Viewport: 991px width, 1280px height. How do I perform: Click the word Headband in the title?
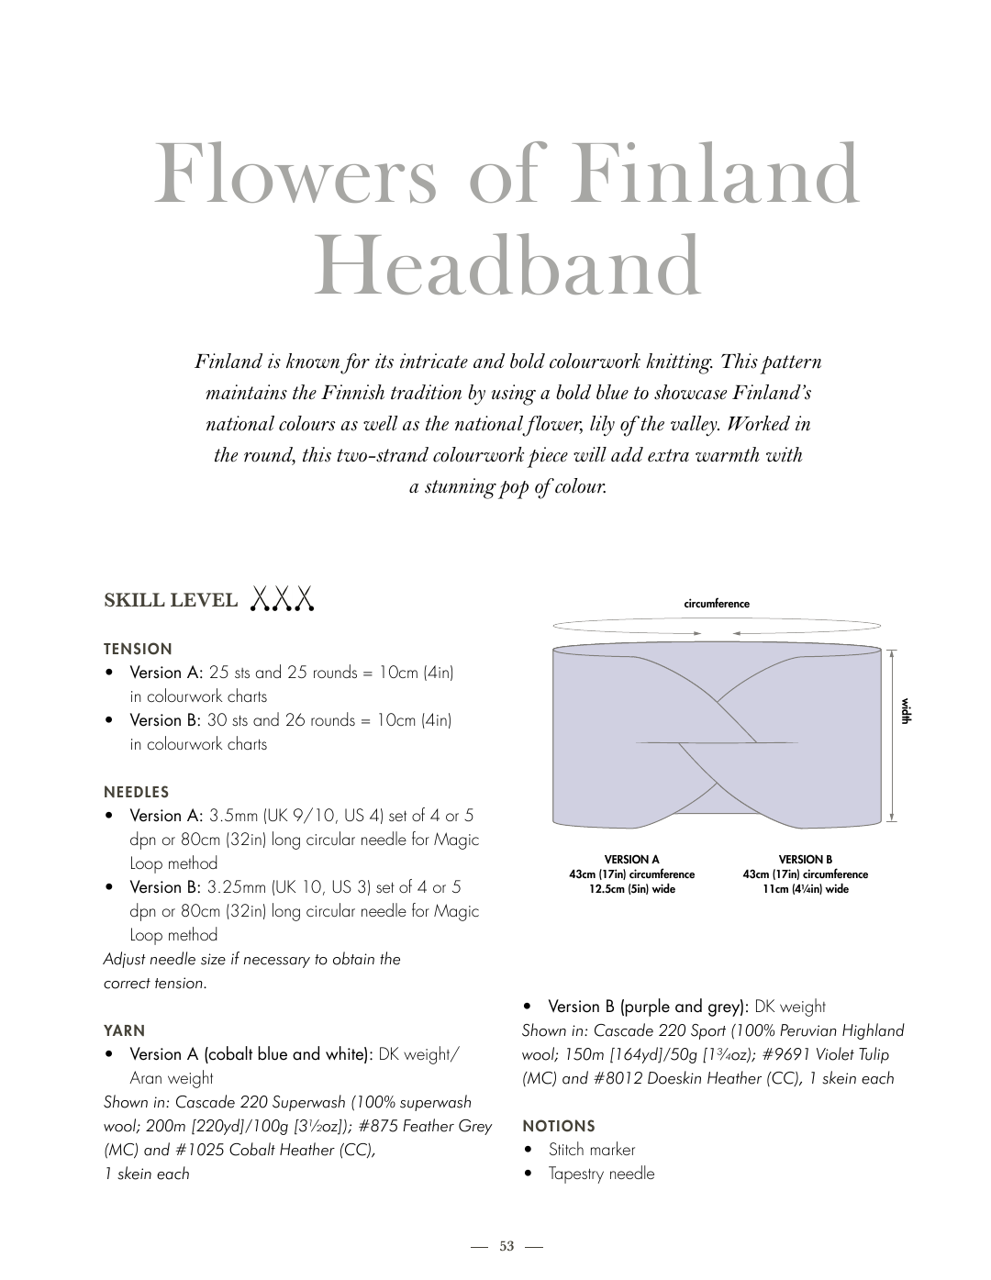tap(507, 267)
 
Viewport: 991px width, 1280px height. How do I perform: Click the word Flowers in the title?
tap(295, 174)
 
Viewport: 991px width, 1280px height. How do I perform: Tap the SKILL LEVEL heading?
tap(171, 601)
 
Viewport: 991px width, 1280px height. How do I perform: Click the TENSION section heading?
tap(138, 649)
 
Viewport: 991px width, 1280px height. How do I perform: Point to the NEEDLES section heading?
tap(137, 792)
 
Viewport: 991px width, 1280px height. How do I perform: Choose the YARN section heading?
tap(125, 1030)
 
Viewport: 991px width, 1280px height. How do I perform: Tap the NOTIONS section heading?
tap(559, 1126)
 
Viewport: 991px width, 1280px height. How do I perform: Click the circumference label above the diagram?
tap(717, 604)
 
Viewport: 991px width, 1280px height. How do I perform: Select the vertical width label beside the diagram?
tap(906, 711)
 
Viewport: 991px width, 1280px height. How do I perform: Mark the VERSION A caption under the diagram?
tap(631, 860)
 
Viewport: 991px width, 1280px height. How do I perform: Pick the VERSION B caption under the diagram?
tap(805, 860)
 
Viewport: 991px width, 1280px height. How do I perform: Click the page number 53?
tap(507, 1246)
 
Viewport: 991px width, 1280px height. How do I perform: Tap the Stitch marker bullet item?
tap(592, 1150)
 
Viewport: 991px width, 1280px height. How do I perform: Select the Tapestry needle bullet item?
tap(601, 1174)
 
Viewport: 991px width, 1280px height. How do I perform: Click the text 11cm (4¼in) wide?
tap(805, 889)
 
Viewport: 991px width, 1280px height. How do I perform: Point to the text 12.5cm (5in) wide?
tap(631, 889)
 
